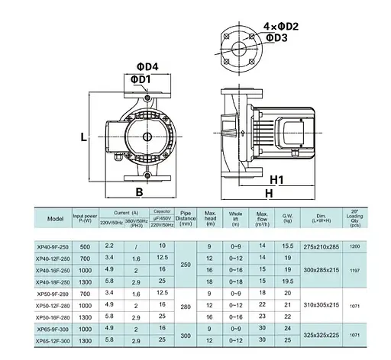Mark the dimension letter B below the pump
[x=139, y=192]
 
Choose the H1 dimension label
[x=277, y=181]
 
